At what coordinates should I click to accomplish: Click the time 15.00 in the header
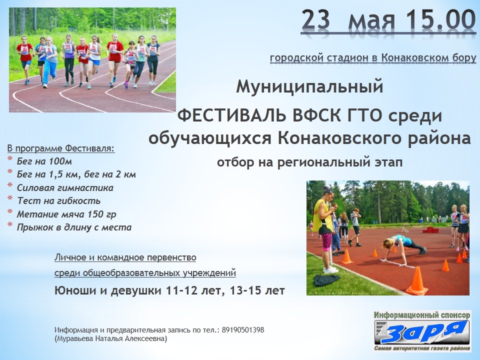tap(440, 19)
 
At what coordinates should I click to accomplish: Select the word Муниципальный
tap(309, 86)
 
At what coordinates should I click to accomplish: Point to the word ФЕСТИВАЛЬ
tap(232, 115)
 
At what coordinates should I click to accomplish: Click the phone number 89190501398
tap(243, 330)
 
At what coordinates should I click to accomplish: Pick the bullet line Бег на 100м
tap(44, 161)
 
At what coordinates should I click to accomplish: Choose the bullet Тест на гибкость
tap(58, 201)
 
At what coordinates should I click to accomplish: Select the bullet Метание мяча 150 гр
tap(66, 214)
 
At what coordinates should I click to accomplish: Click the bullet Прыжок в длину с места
tap(74, 227)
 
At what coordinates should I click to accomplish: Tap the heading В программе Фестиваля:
tap(61, 149)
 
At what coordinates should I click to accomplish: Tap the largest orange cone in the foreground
tap(417, 280)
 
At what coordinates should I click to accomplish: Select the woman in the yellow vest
tap(325, 229)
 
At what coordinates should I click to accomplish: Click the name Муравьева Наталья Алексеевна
tap(111, 339)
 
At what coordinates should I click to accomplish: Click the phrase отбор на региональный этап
tap(309, 162)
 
